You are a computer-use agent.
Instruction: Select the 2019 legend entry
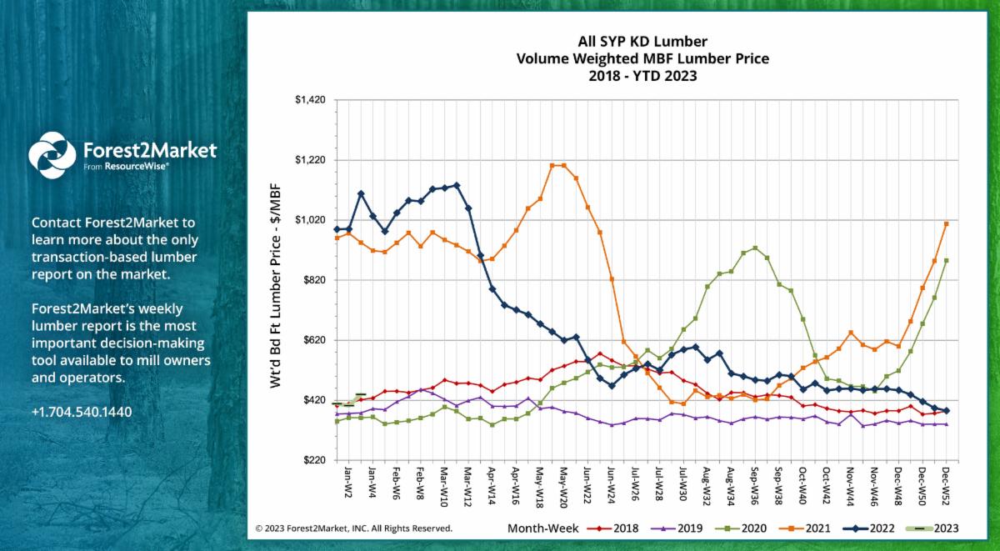(x=682, y=528)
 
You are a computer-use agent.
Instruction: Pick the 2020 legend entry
(x=747, y=528)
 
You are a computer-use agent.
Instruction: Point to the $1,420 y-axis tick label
(x=310, y=100)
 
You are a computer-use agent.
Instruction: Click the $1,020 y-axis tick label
(x=310, y=220)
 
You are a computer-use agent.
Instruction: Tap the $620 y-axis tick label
(x=312, y=340)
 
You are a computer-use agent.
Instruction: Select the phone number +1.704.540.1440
(x=82, y=412)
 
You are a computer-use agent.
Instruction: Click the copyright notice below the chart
(x=354, y=528)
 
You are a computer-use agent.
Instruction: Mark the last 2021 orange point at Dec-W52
(x=947, y=223)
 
